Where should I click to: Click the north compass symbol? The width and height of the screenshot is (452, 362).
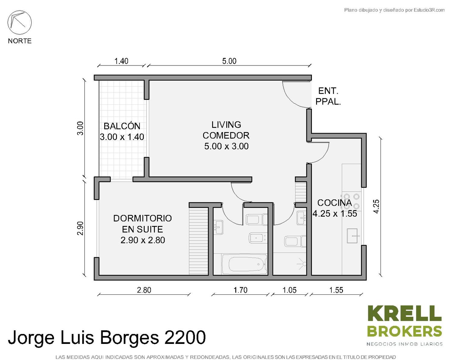pyautogui.click(x=20, y=23)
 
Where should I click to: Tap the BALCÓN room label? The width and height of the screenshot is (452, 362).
pyautogui.click(x=122, y=126)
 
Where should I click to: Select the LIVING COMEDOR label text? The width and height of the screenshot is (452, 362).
pyautogui.click(x=226, y=130)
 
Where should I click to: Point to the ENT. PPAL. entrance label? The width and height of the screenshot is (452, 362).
pyautogui.click(x=328, y=96)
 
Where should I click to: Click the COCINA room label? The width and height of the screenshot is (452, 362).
pyautogui.click(x=334, y=203)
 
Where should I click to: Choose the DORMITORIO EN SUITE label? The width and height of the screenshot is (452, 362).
pyautogui.click(x=143, y=224)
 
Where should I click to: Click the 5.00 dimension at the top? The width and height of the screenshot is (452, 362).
pyautogui.click(x=229, y=61)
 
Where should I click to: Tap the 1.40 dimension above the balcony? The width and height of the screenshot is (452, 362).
pyautogui.click(x=121, y=61)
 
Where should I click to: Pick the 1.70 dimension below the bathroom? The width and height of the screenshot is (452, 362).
pyautogui.click(x=240, y=290)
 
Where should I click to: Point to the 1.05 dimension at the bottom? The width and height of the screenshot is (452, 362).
pyautogui.click(x=290, y=290)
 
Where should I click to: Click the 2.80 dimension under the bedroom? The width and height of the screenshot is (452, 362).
pyautogui.click(x=144, y=290)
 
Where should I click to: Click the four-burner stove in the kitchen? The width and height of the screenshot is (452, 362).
pyautogui.click(x=351, y=201)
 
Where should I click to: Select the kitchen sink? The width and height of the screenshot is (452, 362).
pyautogui.click(x=352, y=236)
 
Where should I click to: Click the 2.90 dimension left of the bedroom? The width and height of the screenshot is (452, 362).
pyautogui.click(x=81, y=228)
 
